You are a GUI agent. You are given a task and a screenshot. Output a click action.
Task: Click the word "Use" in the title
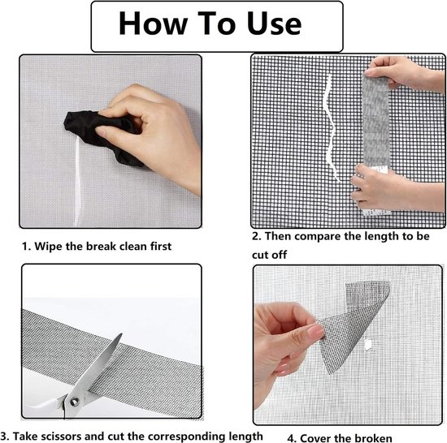pyautogui.click(x=274, y=24)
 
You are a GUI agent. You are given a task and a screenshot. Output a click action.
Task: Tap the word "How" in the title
pyautogui.click(x=153, y=24)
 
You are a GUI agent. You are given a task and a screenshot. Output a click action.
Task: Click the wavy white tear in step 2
pyautogui.click(x=331, y=128)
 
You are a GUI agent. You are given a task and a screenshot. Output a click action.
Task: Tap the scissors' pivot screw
pyautogui.click(x=75, y=402)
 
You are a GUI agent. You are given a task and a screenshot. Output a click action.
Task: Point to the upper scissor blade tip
pyautogui.click(x=121, y=334)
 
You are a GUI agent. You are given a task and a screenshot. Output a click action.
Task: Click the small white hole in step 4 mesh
pyautogui.click(x=368, y=345)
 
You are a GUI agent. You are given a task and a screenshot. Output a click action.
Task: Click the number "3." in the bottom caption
pyautogui.click(x=5, y=437)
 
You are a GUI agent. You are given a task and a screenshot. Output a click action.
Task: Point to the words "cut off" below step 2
pyautogui.click(x=269, y=255)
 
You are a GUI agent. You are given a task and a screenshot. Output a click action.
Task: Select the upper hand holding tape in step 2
pyautogui.click(x=405, y=72)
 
